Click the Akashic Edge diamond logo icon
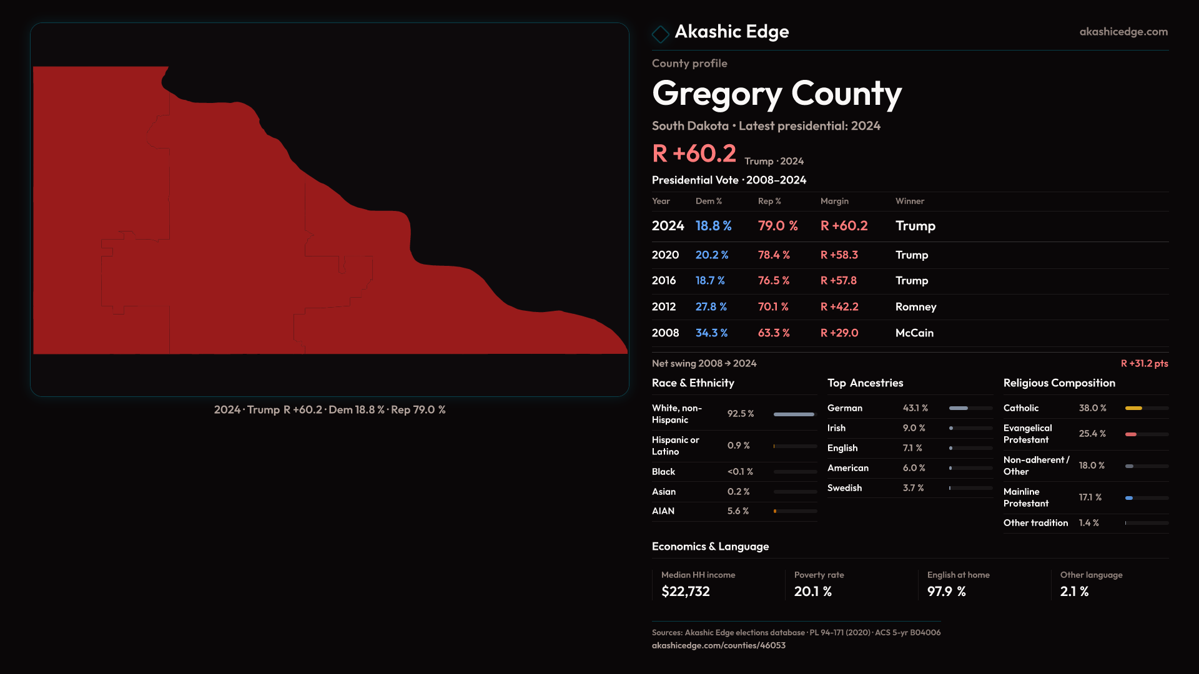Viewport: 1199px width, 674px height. (x=660, y=34)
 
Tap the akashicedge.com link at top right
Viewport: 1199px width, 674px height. (x=1123, y=32)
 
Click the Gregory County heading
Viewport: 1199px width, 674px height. (x=776, y=94)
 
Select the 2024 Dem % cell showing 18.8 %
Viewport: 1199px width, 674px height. (x=713, y=226)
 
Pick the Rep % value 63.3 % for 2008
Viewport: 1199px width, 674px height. (x=774, y=333)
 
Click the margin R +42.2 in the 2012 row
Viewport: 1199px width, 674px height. (x=839, y=307)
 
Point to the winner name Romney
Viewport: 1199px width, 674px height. (x=915, y=307)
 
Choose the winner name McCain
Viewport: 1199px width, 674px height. (x=914, y=333)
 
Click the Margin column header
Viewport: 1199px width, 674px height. (x=834, y=201)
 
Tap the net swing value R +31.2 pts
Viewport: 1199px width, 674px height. (x=1144, y=363)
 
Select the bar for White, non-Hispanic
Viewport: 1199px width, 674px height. (x=794, y=414)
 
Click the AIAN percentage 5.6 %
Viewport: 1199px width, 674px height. (x=738, y=511)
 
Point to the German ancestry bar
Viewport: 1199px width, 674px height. (x=959, y=408)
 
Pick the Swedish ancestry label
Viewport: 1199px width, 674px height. (x=844, y=488)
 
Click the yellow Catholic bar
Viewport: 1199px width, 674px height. (x=1133, y=408)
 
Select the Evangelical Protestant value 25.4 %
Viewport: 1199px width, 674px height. (x=1092, y=434)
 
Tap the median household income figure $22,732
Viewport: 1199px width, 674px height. (x=685, y=592)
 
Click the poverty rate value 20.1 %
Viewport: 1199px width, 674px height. (x=812, y=592)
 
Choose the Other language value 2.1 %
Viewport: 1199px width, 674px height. (x=1074, y=592)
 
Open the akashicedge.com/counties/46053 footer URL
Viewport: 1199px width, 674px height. (x=718, y=645)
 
